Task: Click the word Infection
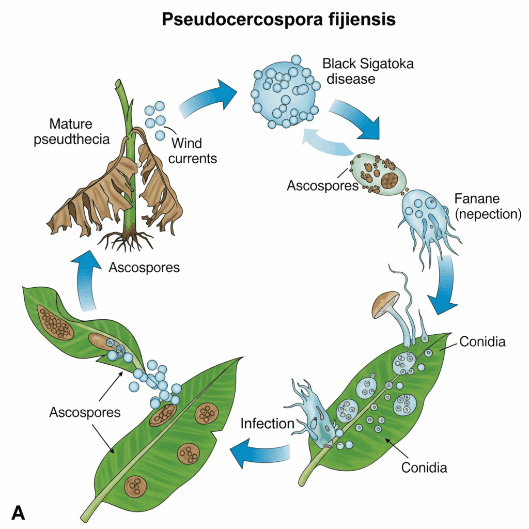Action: [267, 424]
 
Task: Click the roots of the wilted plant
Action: [127, 240]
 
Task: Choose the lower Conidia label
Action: [424, 468]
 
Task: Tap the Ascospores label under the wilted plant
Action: [144, 268]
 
